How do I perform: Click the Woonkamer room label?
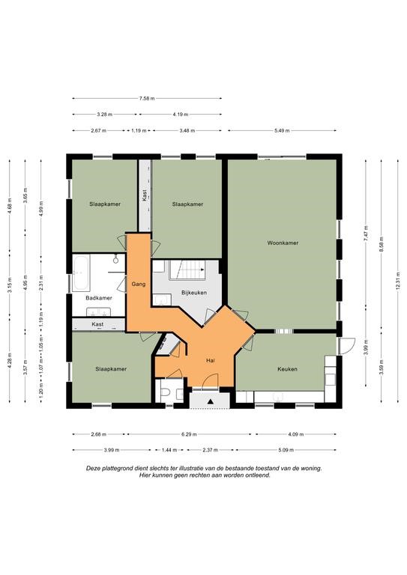click(x=283, y=243)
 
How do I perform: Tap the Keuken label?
click(x=287, y=369)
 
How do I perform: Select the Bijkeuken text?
click(x=194, y=293)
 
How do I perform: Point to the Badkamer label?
click(x=99, y=298)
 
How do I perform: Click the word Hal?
click(x=211, y=360)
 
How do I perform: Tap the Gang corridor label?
click(x=139, y=284)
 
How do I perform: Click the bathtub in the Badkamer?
click(x=81, y=273)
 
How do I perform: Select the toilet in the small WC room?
click(x=165, y=393)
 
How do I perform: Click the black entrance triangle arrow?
click(x=211, y=401)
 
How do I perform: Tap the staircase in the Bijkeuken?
click(x=188, y=270)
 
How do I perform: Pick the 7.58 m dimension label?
click(x=147, y=98)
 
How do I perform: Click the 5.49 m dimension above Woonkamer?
click(x=282, y=130)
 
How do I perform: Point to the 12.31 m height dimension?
click(x=397, y=281)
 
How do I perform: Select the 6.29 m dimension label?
click(x=189, y=434)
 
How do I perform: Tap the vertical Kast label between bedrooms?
click(x=145, y=195)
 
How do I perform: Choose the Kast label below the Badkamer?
click(x=97, y=324)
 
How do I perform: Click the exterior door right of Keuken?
click(x=347, y=345)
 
